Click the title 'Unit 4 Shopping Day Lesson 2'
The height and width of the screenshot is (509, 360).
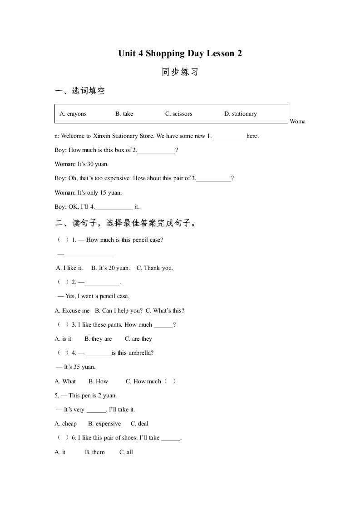pyautogui.click(x=180, y=54)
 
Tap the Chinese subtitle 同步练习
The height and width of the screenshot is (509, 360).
pyautogui.click(x=180, y=72)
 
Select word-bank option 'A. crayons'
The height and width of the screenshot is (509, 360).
pyautogui.click(x=73, y=114)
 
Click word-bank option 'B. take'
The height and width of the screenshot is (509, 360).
pyautogui.click(x=124, y=114)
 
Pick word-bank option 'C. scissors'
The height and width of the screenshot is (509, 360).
pyautogui.click(x=178, y=114)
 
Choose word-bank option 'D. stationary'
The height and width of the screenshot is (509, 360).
pyautogui.click(x=240, y=114)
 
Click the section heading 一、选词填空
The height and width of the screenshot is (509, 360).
pyautogui.click(x=80, y=91)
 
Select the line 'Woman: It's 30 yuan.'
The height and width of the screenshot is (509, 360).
pyautogui.click(x=82, y=164)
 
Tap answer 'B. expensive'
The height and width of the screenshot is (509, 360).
pyautogui.click(x=104, y=424)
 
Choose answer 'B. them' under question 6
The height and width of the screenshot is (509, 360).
pyautogui.click(x=95, y=452)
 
